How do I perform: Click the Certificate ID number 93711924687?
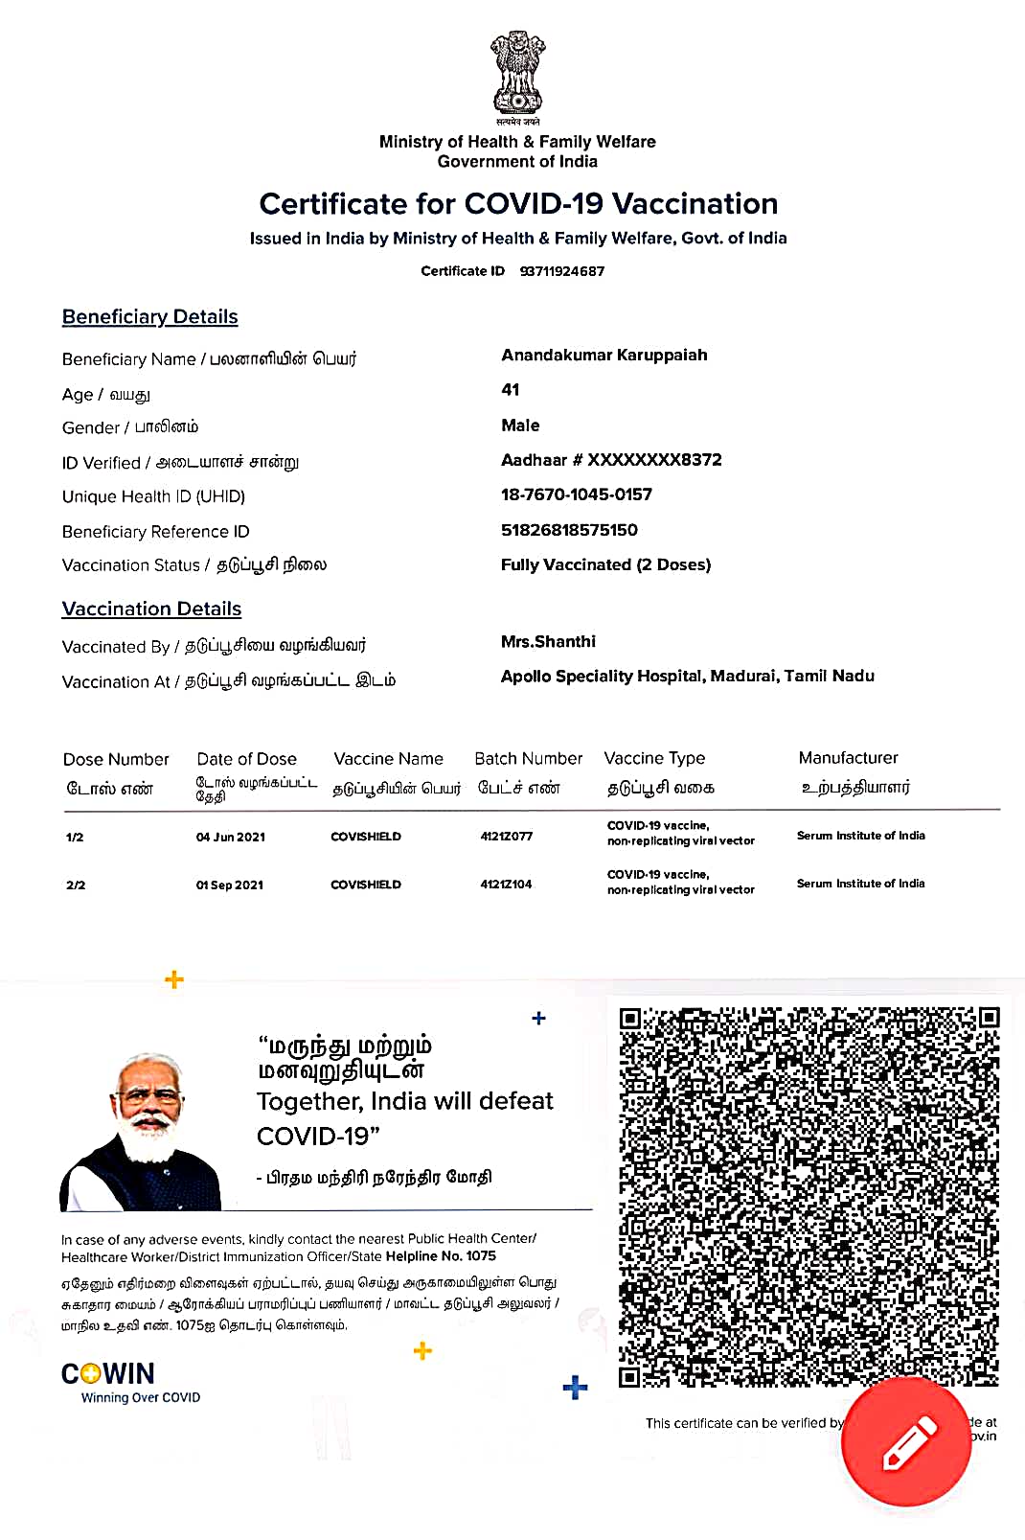562,271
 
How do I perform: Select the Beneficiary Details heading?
149,317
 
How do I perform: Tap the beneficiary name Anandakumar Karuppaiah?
604,356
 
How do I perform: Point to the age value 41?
511,390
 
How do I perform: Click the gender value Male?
520,425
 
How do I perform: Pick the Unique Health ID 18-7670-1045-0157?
576,494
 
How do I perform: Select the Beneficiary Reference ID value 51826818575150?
569,530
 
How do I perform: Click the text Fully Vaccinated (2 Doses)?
605,564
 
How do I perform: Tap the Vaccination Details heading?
151,609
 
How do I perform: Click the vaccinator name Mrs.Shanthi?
548,641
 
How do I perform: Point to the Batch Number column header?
528,759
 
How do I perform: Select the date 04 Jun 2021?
231,837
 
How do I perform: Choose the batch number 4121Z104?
506,885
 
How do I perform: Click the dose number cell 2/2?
76,885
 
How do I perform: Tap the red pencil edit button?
906,1442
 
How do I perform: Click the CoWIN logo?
108,1374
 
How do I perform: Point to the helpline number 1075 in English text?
481,1256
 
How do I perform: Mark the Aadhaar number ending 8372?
611,460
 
